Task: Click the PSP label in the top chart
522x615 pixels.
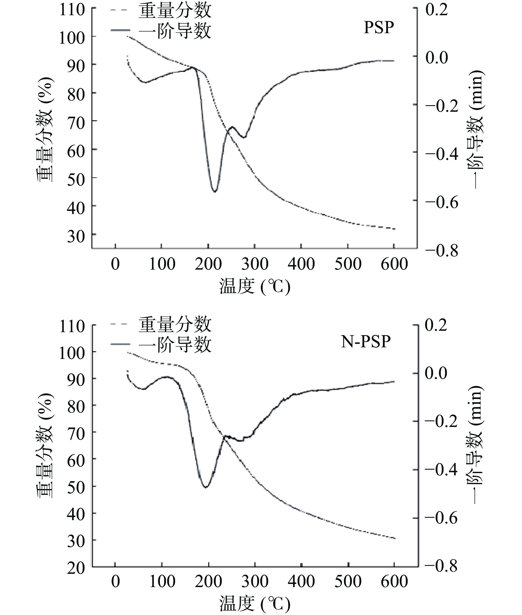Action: [379, 28]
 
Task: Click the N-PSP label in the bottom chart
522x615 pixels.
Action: [366, 342]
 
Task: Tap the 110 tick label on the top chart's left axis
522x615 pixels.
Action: [72, 10]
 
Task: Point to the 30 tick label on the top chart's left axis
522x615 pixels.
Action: [76, 236]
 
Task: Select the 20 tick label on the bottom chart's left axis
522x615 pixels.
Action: [76, 568]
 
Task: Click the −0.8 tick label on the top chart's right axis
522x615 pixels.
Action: [442, 251]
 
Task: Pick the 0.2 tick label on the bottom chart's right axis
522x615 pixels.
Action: [436, 325]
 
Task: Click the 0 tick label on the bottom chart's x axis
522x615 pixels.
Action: [115, 581]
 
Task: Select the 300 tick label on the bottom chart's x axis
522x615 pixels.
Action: [255, 581]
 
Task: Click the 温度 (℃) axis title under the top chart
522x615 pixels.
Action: [254, 286]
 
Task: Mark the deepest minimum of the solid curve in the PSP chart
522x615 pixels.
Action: [215, 191]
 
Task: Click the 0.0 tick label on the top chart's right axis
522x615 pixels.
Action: [437, 58]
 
